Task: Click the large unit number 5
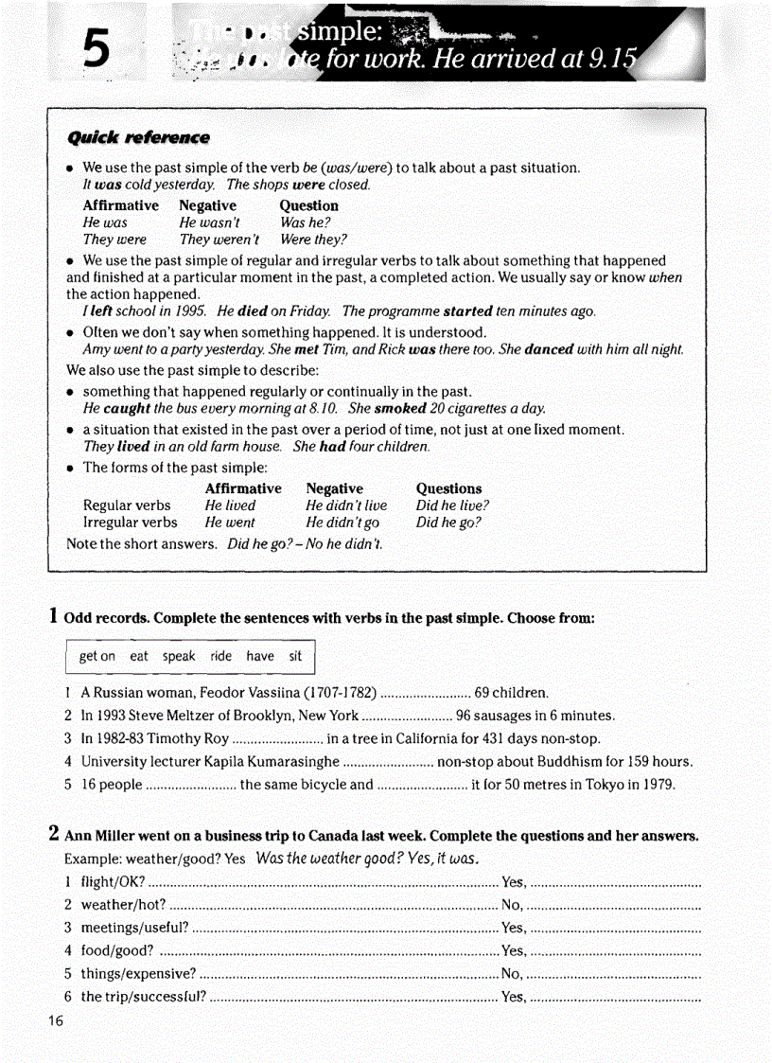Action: tap(96, 47)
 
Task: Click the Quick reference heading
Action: tap(138, 138)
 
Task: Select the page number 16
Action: tap(55, 1020)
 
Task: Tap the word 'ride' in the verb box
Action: tap(221, 656)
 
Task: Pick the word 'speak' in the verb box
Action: tap(179, 656)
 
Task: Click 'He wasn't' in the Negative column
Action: tap(210, 222)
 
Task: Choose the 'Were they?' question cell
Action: tap(313, 239)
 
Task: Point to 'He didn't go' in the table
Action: tap(342, 523)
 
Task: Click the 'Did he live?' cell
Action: tap(452, 505)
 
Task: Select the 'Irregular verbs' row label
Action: tap(130, 523)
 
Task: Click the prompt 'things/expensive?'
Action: tap(138, 973)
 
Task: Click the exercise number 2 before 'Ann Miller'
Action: tap(55, 834)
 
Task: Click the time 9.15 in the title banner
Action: tap(612, 60)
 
